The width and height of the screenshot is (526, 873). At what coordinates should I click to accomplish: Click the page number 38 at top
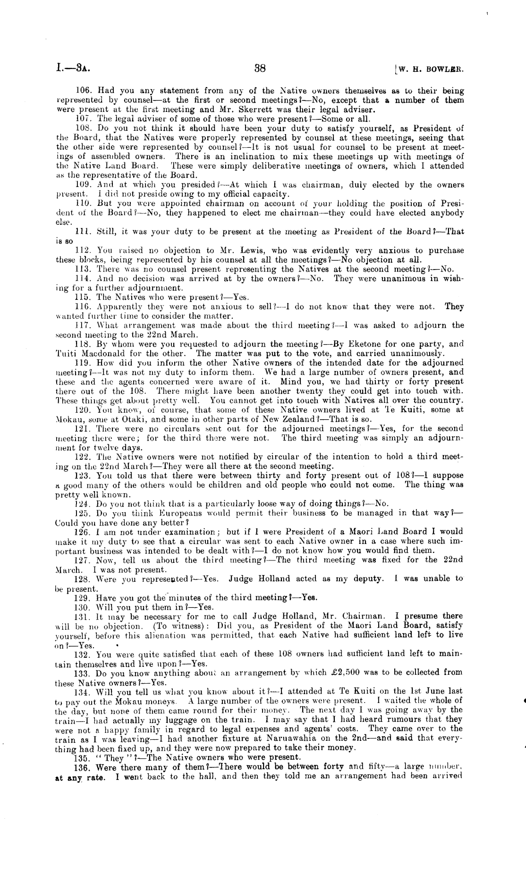tap(260, 68)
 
